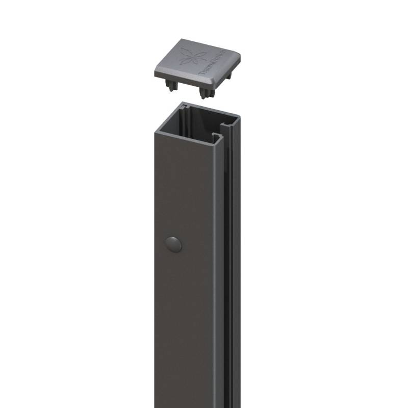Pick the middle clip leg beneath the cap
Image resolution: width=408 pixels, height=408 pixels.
[206, 92]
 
